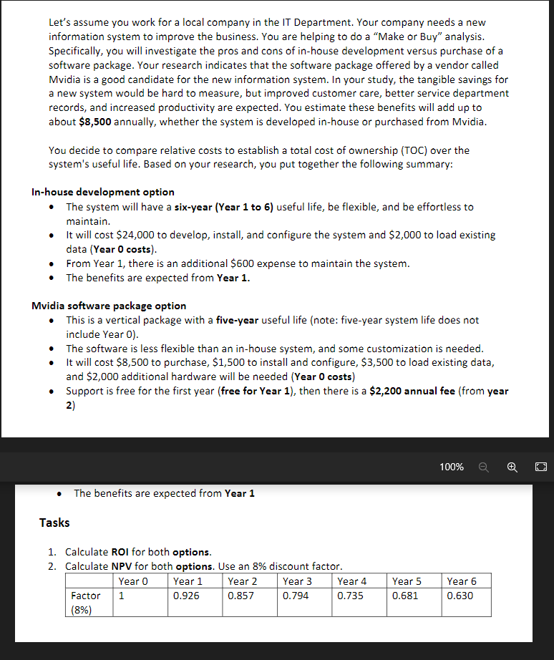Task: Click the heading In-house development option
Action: [103, 192]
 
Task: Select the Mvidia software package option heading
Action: [109, 306]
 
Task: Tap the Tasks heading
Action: [54, 523]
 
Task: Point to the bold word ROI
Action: [120, 552]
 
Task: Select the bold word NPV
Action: [121, 566]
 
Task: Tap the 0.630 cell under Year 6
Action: [460, 596]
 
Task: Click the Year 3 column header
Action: [297, 581]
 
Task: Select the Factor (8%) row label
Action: [86, 602]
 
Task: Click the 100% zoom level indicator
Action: [452, 467]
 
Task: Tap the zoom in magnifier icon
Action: [512, 467]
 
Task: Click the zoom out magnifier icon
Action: [484, 467]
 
